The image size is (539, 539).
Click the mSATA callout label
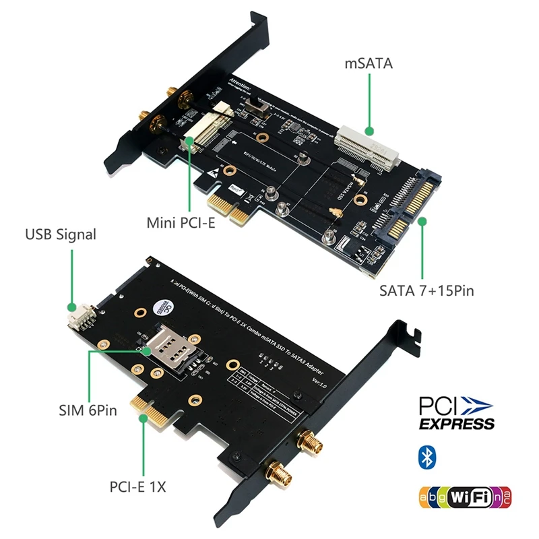[x=368, y=64]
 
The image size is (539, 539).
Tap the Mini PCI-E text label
[x=181, y=223]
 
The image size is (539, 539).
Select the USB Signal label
[x=61, y=235]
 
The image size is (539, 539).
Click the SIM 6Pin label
[x=84, y=410]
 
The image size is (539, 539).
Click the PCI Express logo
[x=456, y=413]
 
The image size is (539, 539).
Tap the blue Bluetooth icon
[x=426, y=457]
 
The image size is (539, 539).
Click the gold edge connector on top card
[x=225, y=206]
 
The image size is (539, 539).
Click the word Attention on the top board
[x=239, y=86]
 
